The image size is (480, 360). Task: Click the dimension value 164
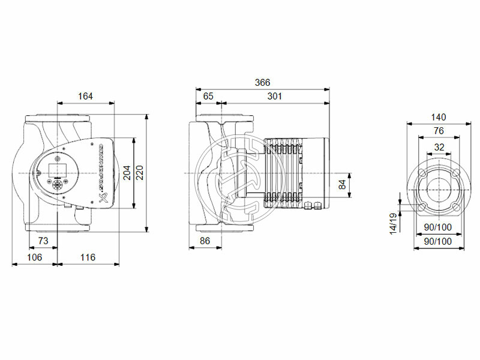[86, 96]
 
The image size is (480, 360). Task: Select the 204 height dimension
[127, 173]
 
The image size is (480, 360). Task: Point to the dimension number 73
[43, 240]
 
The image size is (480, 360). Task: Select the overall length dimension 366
[262, 82]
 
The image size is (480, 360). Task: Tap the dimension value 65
[208, 96]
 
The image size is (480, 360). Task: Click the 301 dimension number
[275, 96]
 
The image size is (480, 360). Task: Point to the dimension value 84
[341, 184]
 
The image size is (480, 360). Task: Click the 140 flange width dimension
[439, 118]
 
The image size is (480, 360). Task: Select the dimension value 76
[439, 131]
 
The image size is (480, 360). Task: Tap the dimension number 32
[439, 146]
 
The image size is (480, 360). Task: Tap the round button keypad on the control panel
[61, 184]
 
